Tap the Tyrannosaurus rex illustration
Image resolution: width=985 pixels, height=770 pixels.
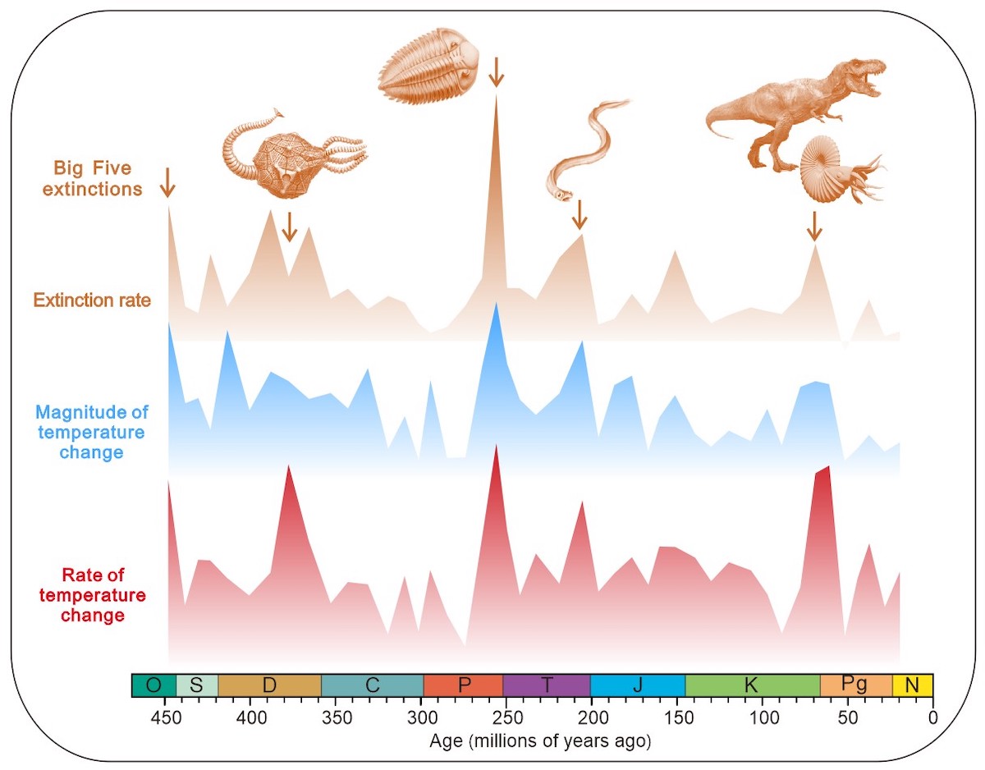click(x=788, y=107)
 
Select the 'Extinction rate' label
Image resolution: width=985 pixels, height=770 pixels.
click(x=92, y=300)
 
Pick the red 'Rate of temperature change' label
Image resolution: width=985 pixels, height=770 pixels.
click(x=93, y=595)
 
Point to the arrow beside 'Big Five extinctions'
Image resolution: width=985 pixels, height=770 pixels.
click(x=167, y=182)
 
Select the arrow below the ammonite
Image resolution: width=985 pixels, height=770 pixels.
click(x=813, y=227)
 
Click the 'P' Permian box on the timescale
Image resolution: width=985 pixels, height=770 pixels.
click(x=463, y=685)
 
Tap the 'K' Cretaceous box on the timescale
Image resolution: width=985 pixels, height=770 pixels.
click(x=752, y=685)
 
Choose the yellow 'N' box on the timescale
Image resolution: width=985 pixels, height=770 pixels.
click(x=912, y=685)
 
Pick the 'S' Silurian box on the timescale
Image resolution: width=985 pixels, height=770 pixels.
click(x=196, y=685)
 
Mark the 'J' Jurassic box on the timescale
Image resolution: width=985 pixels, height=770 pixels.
click(x=638, y=685)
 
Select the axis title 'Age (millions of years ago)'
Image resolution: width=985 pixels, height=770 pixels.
click(x=539, y=741)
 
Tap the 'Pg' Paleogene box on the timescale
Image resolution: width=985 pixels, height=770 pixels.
click(x=855, y=685)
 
